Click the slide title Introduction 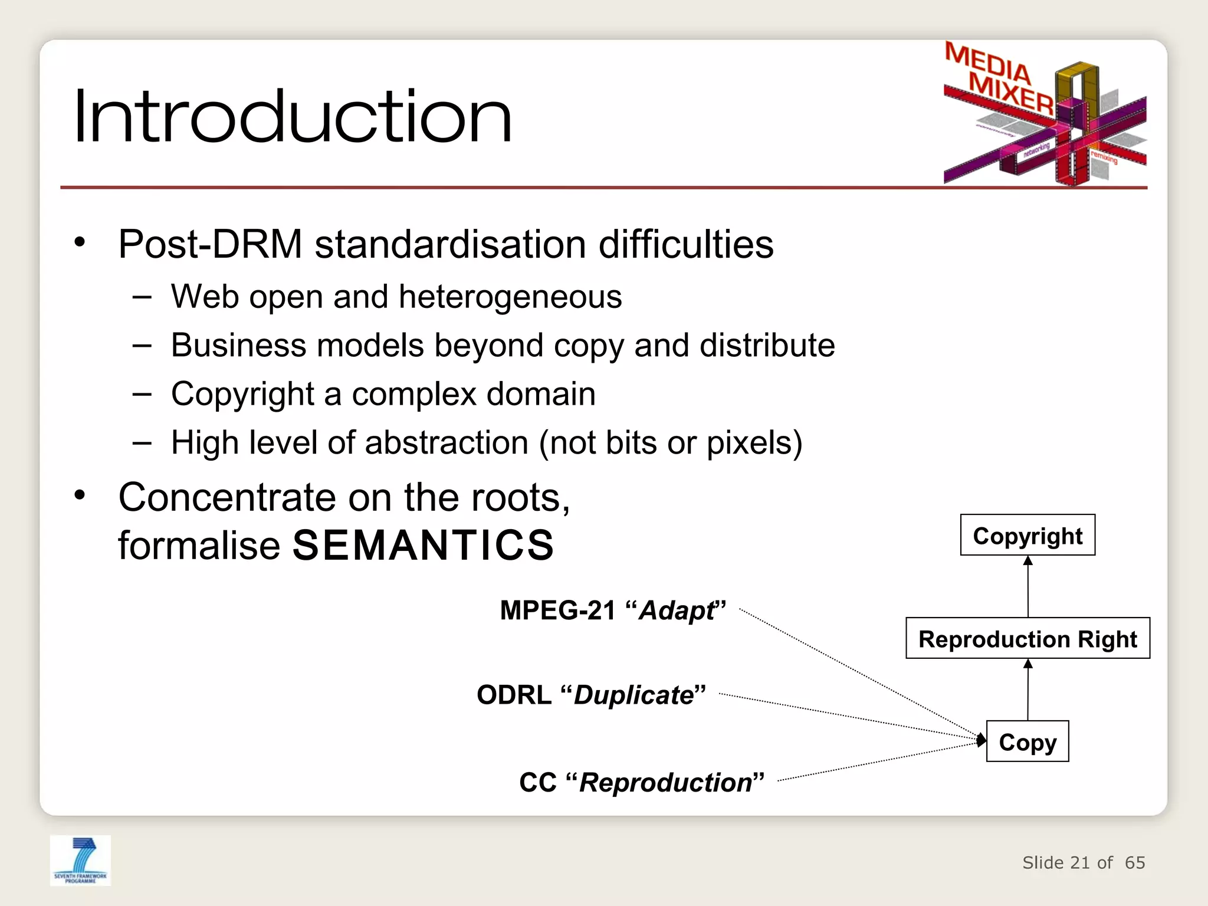coord(293,116)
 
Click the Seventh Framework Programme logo coord(80,860)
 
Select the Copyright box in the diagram coord(1028,536)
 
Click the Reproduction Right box coord(1028,639)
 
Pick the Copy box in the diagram coord(1028,742)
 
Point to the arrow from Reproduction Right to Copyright coord(1028,587)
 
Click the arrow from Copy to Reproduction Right coord(1028,690)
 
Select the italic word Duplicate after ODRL coord(634,695)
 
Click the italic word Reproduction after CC coord(666,783)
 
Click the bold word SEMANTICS coord(423,546)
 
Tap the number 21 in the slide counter coord(1079,863)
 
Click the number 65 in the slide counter coord(1135,863)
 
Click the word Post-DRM coord(210,245)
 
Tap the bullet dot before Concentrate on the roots coord(80,495)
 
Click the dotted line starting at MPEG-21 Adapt coord(855,672)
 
